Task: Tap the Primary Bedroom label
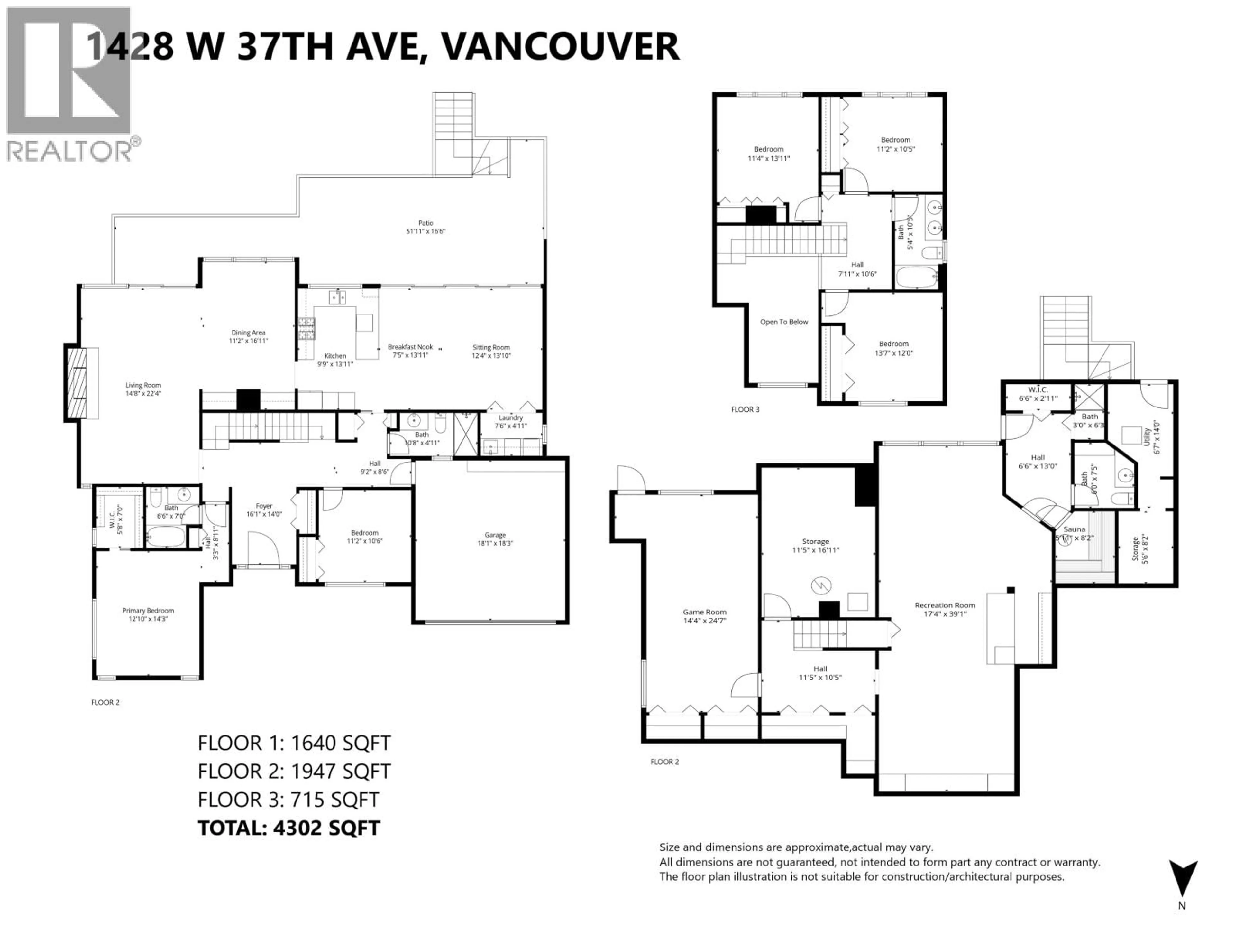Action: [x=148, y=611]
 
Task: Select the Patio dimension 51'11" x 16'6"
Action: [x=425, y=231]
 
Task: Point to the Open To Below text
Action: [x=784, y=322]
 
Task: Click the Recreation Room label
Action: [x=945, y=605]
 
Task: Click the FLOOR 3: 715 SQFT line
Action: [x=288, y=800]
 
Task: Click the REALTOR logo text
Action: [x=70, y=151]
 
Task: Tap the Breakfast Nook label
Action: [x=410, y=347]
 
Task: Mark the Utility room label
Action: [x=1147, y=436]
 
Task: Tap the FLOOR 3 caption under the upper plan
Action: [x=745, y=409]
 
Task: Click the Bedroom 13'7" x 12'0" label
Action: [x=893, y=344]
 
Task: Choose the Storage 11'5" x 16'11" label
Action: [x=815, y=541]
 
